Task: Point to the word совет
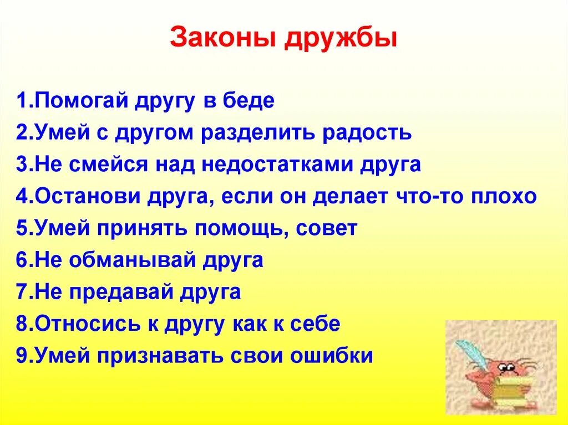(327, 228)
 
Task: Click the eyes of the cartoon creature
(506, 367)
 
